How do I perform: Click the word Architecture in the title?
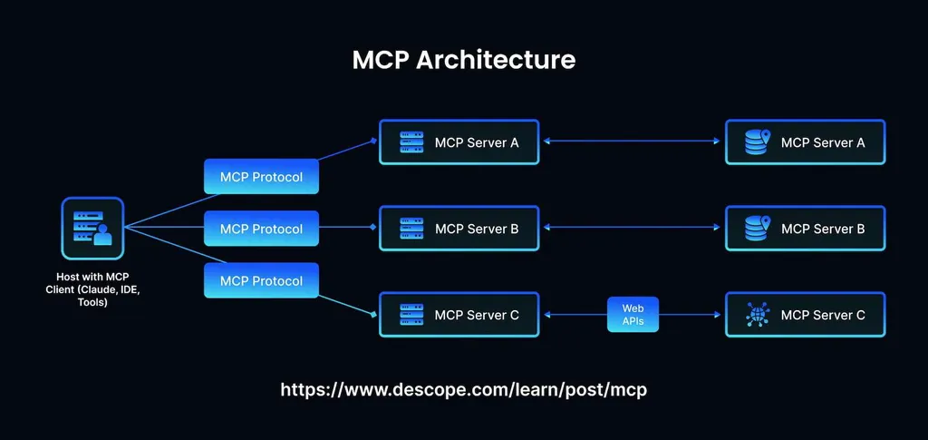pos(496,60)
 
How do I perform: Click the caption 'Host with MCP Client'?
pos(92,288)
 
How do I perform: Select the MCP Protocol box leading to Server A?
pos(261,177)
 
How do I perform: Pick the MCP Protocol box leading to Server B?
pos(261,229)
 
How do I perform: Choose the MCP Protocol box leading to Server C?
pos(261,280)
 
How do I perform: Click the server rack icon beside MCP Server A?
pos(411,142)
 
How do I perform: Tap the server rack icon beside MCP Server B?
pos(411,229)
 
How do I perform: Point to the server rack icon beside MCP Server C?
pos(411,315)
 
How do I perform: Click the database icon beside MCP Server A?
pos(757,142)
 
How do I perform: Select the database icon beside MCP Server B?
pos(757,229)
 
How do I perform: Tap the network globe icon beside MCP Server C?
pos(757,315)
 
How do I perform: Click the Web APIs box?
pos(633,315)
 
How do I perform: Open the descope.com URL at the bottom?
pos(464,390)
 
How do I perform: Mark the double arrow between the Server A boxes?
pos(633,142)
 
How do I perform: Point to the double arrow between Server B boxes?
pos(633,229)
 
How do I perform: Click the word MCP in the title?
pos(381,60)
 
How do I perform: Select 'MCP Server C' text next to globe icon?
pos(823,315)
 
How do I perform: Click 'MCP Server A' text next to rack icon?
pos(477,142)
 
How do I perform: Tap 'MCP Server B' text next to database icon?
pos(823,229)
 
